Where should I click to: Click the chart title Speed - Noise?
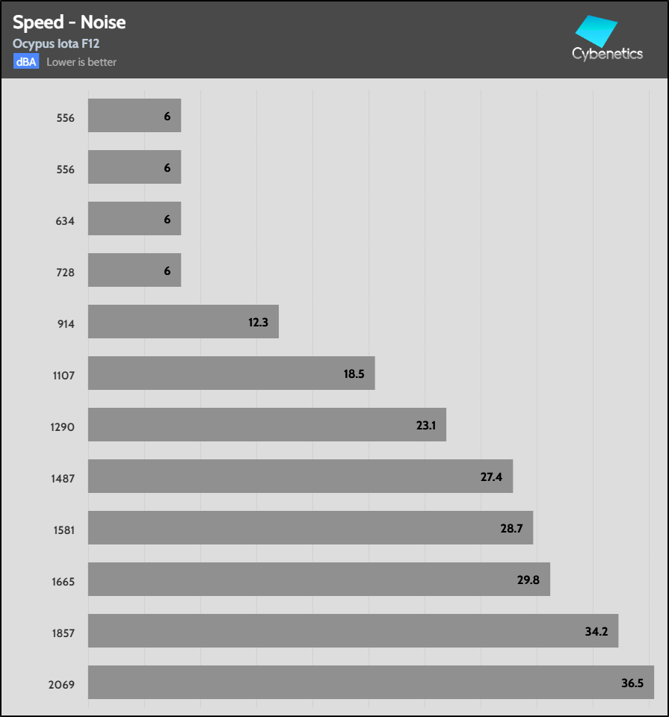pos(69,22)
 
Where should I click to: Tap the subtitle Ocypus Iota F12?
pos(56,44)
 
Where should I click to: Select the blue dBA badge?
pos(25,62)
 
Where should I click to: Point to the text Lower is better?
pos(81,62)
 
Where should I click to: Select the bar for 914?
pos(183,321)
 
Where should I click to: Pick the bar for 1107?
pos(231,373)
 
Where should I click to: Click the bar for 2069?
pos(371,682)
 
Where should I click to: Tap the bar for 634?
pos(135,219)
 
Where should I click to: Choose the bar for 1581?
pos(310,527)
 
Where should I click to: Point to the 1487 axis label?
pos(63,479)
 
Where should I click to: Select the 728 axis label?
pos(66,273)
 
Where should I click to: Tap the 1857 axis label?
pos(63,633)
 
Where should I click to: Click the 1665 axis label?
pos(63,582)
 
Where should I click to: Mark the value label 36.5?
pos(632,683)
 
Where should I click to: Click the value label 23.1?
pos(425,425)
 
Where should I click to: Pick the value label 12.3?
pos(257,322)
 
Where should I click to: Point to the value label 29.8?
pos(528,580)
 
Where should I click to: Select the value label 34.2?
pos(596,631)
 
